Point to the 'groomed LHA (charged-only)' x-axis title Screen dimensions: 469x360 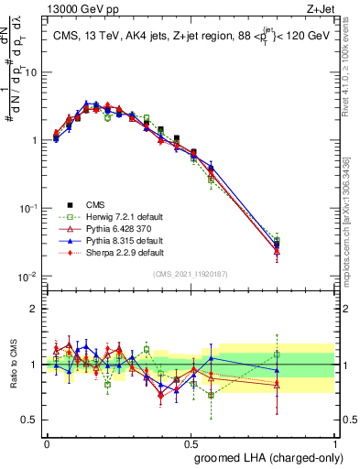coord(264,457)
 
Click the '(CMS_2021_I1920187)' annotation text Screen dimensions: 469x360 coord(190,274)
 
